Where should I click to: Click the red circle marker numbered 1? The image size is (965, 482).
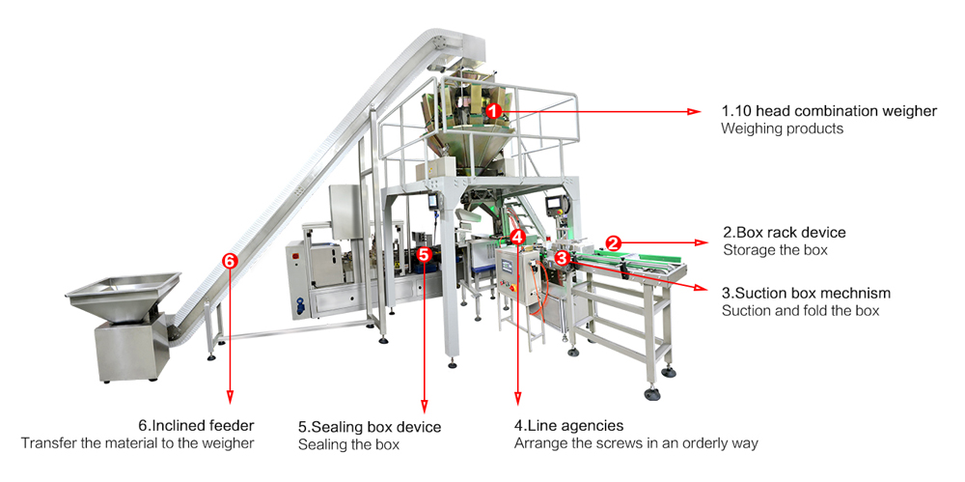click(493, 112)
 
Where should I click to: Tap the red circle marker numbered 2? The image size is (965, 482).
click(612, 241)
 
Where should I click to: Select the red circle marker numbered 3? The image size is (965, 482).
click(562, 258)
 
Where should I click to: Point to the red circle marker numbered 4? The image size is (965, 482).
click(518, 236)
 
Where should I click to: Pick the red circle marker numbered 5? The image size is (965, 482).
click(425, 254)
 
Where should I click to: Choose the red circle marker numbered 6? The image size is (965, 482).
click(229, 261)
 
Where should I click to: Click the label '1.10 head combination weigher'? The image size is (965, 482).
click(829, 111)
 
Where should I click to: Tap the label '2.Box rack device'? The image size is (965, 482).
click(784, 232)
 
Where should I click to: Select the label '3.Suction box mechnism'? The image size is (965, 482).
click(806, 293)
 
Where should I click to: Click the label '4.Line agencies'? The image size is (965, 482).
click(568, 425)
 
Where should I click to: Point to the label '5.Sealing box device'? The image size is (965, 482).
click(370, 427)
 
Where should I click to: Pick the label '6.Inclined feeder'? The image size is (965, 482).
click(196, 425)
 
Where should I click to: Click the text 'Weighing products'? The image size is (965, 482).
click(782, 128)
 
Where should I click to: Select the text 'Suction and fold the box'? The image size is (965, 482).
click(800, 311)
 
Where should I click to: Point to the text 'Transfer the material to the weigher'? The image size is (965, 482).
click(137, 443)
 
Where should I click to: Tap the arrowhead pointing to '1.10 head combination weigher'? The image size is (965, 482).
click(693, 112)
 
